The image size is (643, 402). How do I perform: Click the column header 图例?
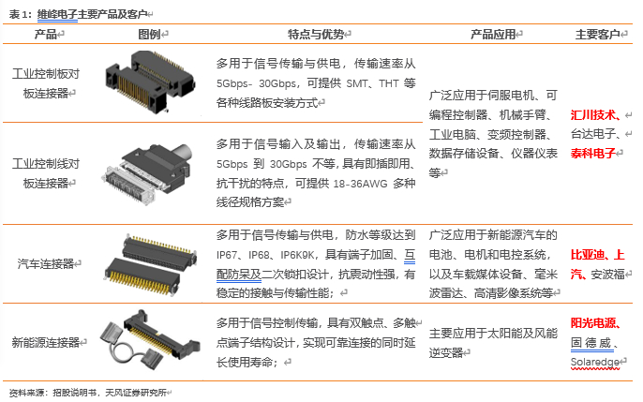[x=149, y=34]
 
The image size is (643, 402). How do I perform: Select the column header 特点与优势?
[x=316, y=34]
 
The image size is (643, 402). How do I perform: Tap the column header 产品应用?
[x=493, y=34]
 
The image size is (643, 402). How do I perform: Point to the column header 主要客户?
[x=597, y=34]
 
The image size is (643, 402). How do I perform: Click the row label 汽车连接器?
[x=46, y=263]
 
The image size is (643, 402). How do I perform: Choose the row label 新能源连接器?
[x=46, y=342]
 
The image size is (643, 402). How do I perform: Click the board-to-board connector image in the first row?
[x=150, y=82]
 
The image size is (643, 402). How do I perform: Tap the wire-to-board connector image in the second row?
[x=147, y=172]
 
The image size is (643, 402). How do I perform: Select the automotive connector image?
[x=150, y=263]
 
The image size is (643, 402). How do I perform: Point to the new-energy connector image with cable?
[x=150, y=339]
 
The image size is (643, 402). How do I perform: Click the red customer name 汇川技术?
[x=593, y=115]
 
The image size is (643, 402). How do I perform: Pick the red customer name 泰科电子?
[x=593, y=154]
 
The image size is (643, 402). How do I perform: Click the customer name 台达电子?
[x=593, y=134]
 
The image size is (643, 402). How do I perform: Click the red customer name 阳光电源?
[x=593, y=323]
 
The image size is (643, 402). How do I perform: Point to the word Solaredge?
[x=594, y=363]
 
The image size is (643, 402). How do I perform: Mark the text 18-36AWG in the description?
[x=361, y=184]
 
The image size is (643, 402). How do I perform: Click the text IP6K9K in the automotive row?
[x=297, y=255]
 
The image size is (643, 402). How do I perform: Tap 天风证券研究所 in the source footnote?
[x=136, y=393]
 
